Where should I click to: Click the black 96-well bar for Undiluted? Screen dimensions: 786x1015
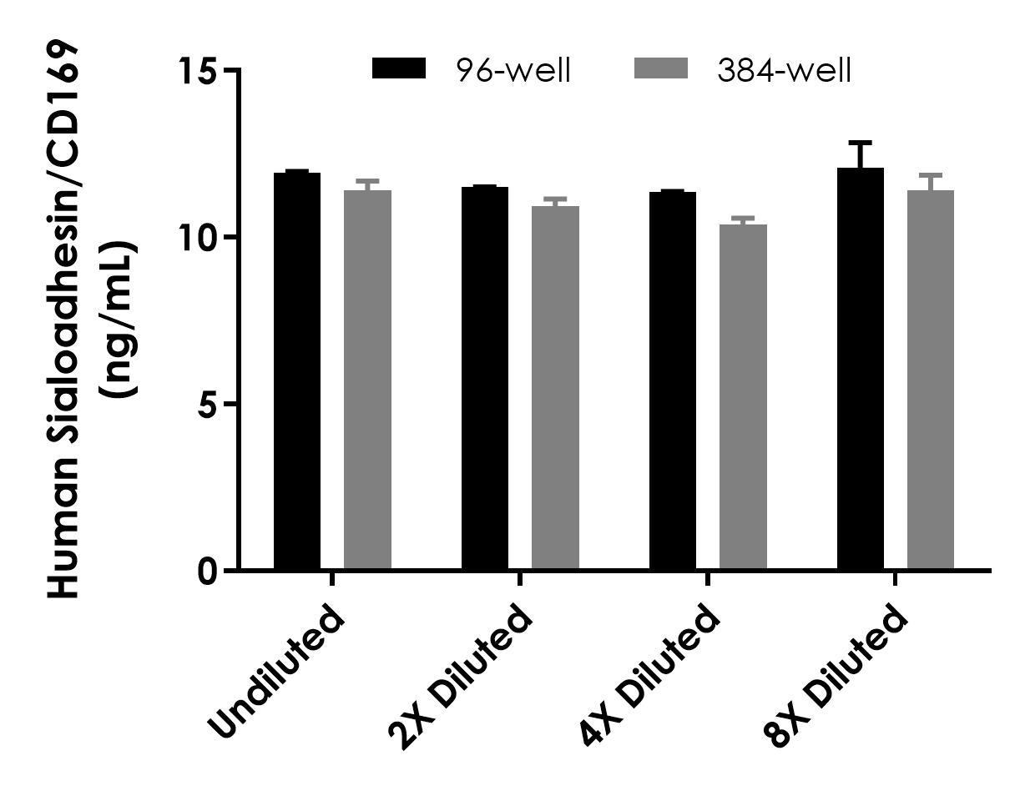[297, 371]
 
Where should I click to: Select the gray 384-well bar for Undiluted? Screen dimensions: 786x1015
[367, 380]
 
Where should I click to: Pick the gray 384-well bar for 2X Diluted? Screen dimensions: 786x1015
[555, 388]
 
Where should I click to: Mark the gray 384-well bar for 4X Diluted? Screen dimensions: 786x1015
[743, 397]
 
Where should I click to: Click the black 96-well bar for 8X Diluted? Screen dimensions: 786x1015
[861, 369]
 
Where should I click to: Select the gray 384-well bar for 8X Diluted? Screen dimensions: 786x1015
[931, 380]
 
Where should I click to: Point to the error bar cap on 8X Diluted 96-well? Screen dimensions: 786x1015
[861, 143]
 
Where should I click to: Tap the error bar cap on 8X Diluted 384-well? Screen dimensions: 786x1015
[931, 175]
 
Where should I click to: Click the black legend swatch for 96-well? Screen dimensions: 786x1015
[399, 69]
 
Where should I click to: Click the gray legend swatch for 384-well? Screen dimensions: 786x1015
[661, 69]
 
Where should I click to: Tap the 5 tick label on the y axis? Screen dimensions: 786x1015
[209, 405]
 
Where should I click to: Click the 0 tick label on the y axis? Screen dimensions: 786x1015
[209, 572]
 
